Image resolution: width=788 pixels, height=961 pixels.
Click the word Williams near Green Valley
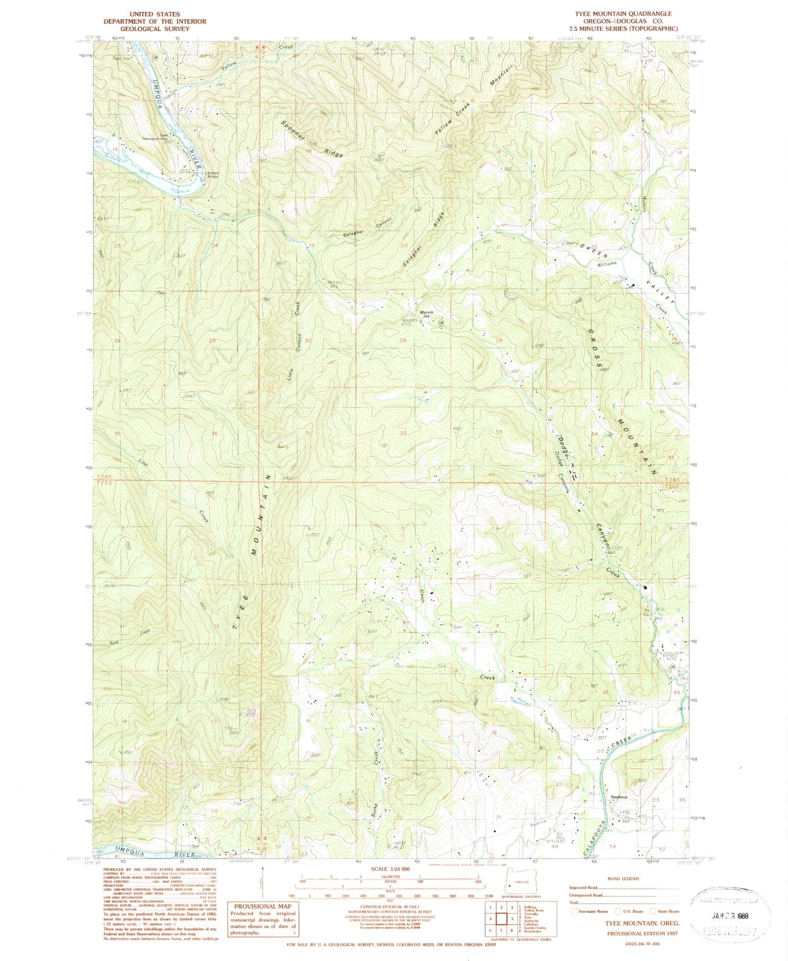point(606,263)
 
